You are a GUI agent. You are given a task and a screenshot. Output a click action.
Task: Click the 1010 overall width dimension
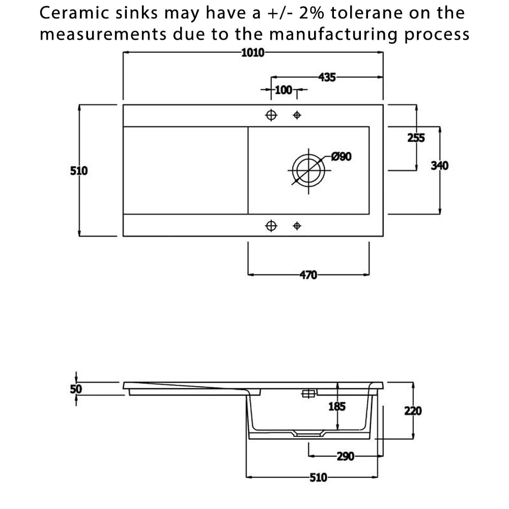click(x=252, y=52)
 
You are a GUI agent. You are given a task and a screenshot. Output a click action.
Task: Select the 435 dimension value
click(x=327, y=77)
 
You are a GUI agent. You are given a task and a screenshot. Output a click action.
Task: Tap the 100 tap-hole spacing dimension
click(x=283, y=91)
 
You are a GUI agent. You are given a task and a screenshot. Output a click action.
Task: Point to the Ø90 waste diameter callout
click(x=341, y=156)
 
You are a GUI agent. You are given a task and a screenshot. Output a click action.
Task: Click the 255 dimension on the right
click(x=416, y=138)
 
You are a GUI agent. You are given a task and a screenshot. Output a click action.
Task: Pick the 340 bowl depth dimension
click(x=439, y=165)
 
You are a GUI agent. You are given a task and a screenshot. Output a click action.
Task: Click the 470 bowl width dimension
click(x=308, y=275)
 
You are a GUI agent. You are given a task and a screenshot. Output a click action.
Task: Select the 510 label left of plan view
click(x=79, y=171)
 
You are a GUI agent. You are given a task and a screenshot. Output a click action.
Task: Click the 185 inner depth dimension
click(x=337, y=406)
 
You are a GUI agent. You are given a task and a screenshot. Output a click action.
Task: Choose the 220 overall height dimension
click(x=413, y=411)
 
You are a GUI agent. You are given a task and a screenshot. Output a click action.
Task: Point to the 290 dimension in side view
click(x=345, y=457)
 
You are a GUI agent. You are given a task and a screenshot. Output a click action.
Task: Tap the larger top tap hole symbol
click(x=271, y=115)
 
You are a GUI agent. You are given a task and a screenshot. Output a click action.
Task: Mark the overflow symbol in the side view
click(x=308, y=393)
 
